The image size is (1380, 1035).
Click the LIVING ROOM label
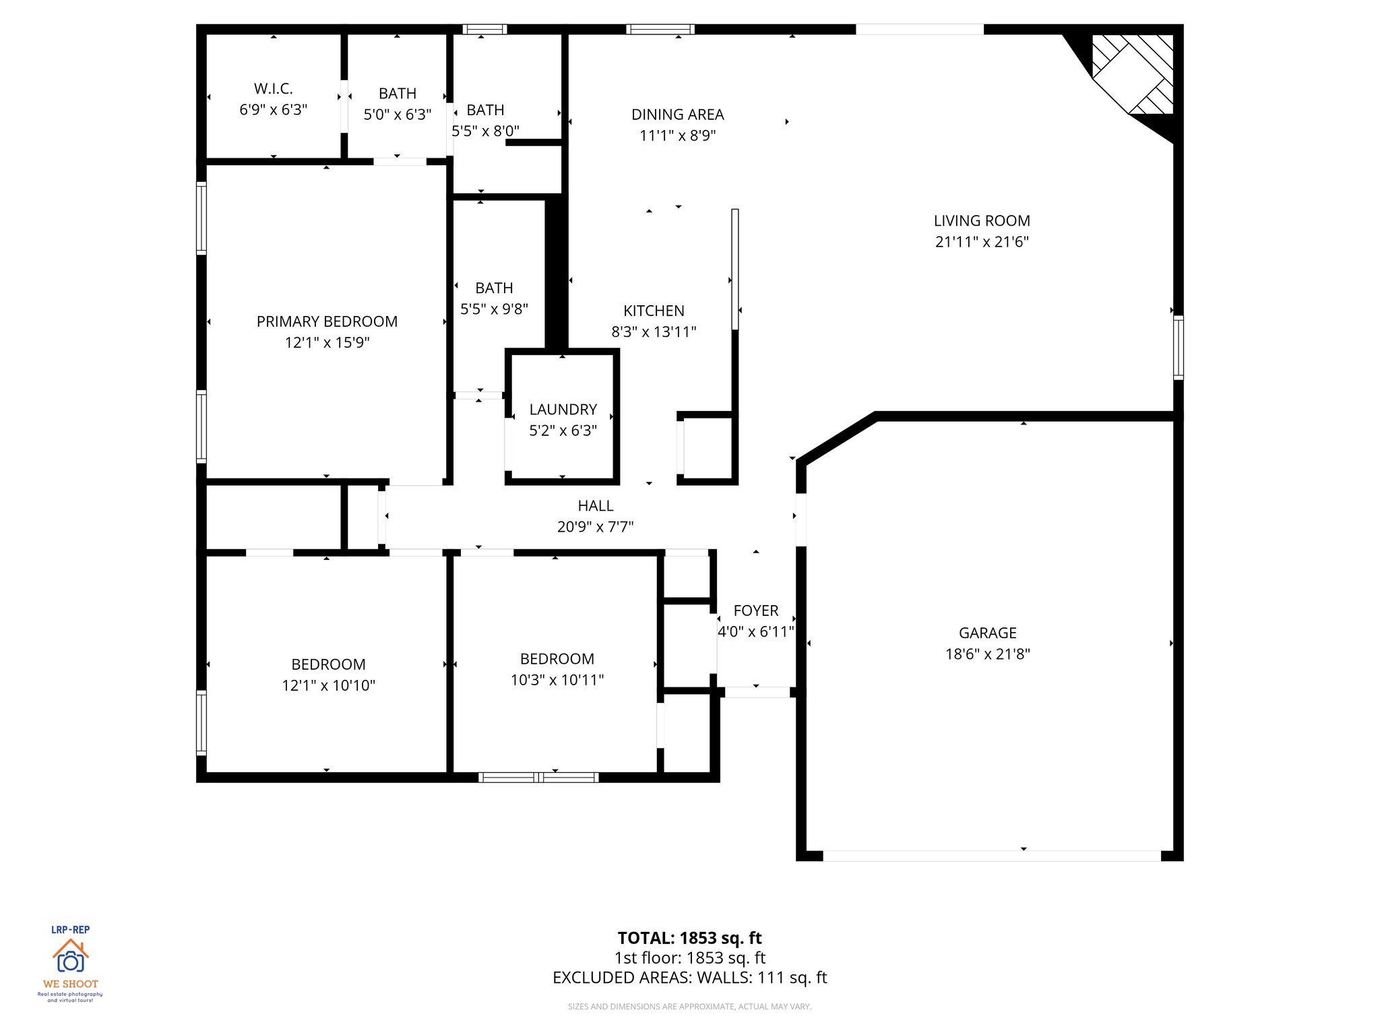click(x=981, y=221)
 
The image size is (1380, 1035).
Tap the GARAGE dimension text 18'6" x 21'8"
click(x=987, y=654)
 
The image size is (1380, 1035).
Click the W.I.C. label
click(x=273, y=89)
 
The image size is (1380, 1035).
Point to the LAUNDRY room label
click(x=563, y=410)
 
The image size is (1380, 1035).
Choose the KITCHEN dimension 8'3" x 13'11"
click(x=654, y=332)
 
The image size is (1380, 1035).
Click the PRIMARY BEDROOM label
click(x=327, y=321)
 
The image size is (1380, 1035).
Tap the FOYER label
click(x=755, y=610)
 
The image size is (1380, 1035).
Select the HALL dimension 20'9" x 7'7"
click(x=595, y=527)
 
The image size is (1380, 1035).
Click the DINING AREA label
click(x=677, y=115)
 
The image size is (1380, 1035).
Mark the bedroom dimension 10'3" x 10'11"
click(x=557, y=680)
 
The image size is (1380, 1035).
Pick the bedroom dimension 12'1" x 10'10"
click(x=328, y=685)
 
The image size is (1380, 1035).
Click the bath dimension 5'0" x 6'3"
click(x=397, y=115)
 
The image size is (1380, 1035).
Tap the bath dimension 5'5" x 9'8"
click(x=494, y=309)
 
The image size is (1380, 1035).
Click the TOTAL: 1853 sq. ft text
click(x=689, y=938)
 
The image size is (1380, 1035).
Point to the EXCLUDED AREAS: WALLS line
click(x=689, y=978)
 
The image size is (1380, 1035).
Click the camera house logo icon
click(x=70, y=956)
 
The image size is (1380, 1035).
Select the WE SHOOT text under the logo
click(x=70, y=984)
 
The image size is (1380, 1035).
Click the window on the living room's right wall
click(x=1178, y=347)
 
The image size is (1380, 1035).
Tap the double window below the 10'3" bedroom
click(x=538, y=778)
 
